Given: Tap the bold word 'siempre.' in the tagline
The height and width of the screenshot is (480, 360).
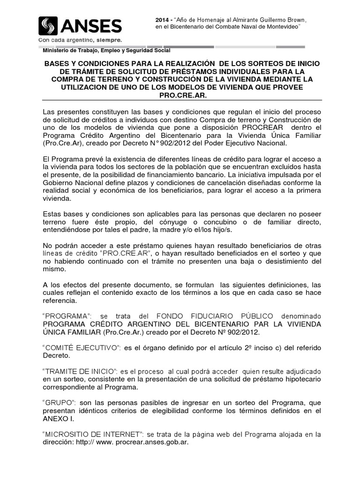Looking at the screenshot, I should coord(109,40).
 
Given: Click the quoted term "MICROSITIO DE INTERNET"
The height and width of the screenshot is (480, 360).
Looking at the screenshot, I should coord(92,434).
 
